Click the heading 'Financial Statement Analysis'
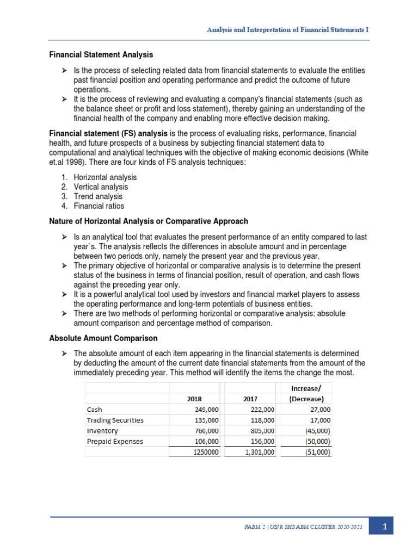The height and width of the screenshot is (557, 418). (101, 55)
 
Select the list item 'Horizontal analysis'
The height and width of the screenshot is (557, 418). (105, 177)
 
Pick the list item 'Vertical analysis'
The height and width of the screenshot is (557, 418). (101, 187)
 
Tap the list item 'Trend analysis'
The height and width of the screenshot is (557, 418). (98, 196)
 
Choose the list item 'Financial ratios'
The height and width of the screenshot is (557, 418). (99, 206)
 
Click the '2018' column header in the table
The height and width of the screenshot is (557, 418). (194, 398)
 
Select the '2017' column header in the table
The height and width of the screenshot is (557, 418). (250, 398)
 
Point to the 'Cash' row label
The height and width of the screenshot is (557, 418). (94, 410)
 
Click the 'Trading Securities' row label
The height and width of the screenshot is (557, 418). (115, 420)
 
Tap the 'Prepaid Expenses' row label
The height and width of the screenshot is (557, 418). (115, 441)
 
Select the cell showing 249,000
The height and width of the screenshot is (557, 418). (207, 410)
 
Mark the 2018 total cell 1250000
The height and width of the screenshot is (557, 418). (205, 452)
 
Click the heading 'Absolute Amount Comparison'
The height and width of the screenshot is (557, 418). (100, 338)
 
